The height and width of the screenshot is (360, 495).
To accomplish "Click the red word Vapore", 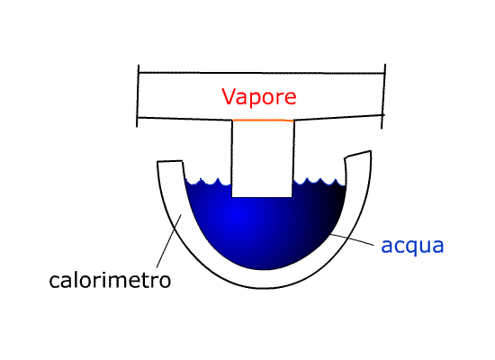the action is click(x=259, y=96).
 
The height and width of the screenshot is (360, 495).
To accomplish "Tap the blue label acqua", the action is click(x=412, y=246).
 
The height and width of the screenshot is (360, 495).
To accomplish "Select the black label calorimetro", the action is click(x=110, y=280).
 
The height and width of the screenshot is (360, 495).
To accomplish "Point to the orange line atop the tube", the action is click(x=263, y=121).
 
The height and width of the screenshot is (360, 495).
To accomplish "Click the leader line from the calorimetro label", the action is click(x=169, y=241).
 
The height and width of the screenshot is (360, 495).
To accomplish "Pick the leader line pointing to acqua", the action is click(x=352, y=239).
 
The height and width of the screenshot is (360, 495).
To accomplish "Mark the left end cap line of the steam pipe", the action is click(x=138, y=96).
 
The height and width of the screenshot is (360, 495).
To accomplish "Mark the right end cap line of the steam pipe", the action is click(x=383, y=96).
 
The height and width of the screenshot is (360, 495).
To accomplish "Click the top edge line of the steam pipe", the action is click(x=262, y=73).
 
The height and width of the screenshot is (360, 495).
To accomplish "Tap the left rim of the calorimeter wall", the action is click(x=170, y=161).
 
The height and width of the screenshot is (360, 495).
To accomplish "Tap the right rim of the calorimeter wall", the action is click(x=357, y=154).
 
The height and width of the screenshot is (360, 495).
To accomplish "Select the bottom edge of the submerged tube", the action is click(x=262, y=197).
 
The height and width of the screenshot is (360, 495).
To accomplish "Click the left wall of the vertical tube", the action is click(x=232, y=158).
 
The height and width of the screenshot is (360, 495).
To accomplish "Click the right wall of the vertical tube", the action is click(x=293, y=158).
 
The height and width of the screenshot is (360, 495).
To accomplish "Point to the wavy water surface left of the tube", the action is click(x=209, y=182).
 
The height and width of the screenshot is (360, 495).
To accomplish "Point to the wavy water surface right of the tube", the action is click(x=319, y=182).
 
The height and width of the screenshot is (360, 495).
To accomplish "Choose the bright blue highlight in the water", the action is click(x=236, y=216).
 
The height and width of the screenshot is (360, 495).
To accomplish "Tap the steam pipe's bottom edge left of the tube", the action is click(x=185, y=119).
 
